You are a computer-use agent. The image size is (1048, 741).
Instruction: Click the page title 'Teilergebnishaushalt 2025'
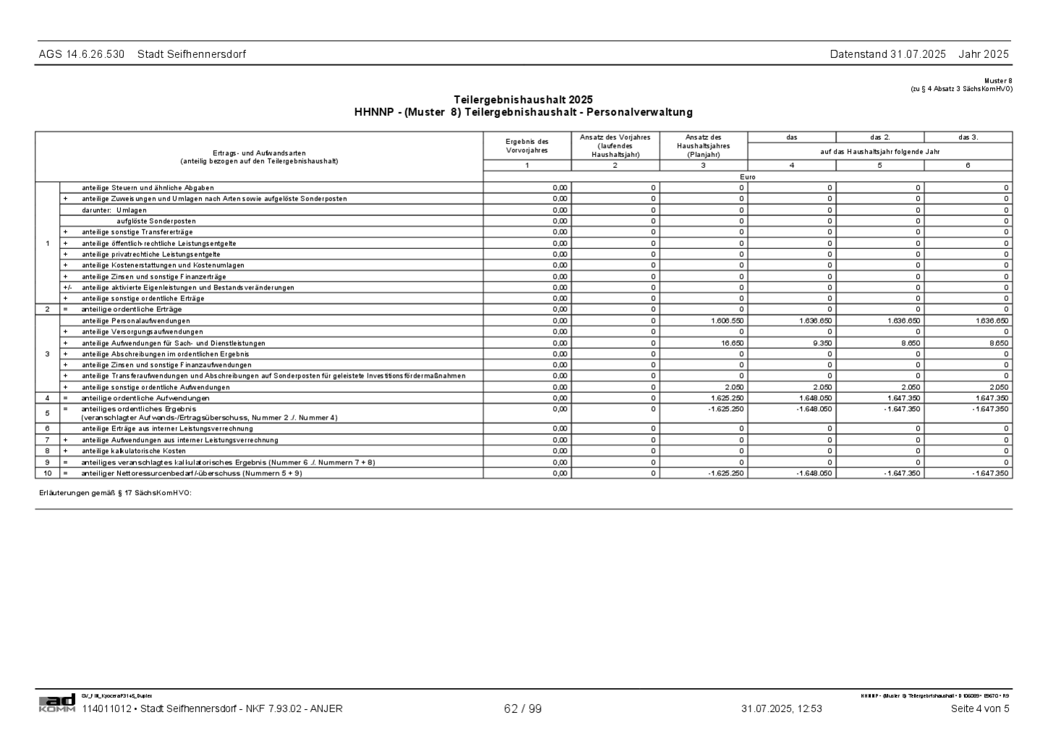[523, 99]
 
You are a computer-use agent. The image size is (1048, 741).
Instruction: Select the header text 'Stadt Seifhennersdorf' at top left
[191, 54]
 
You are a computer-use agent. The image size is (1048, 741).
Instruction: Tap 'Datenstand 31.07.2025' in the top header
[887, 54]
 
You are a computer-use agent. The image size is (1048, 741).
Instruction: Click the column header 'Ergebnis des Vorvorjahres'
[527, 146]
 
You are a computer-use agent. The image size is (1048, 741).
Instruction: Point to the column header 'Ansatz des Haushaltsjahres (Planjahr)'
[703, 146]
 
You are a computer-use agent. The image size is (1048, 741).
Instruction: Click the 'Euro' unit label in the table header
[748, 177]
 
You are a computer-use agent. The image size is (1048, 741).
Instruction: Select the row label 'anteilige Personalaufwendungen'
[136, 321]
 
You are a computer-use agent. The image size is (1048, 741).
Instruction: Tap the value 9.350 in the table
[820, 343]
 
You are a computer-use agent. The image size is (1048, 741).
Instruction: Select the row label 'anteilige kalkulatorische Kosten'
[134, 451]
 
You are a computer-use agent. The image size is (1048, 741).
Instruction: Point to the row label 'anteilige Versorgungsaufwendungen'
[143, 331]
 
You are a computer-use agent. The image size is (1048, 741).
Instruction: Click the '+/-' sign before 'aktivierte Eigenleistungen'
[67, 287]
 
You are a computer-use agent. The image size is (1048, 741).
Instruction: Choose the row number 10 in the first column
[47, 473]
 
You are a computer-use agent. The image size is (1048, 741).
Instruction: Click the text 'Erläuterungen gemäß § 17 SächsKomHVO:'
[115, 494]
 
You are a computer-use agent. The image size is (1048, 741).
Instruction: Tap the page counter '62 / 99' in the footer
[523, 709]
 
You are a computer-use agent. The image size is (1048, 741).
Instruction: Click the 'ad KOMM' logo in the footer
[56, 703]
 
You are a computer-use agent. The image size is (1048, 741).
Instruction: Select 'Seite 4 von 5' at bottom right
[979, 709]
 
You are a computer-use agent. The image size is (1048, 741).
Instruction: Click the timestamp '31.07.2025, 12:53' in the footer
[781, 709]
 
